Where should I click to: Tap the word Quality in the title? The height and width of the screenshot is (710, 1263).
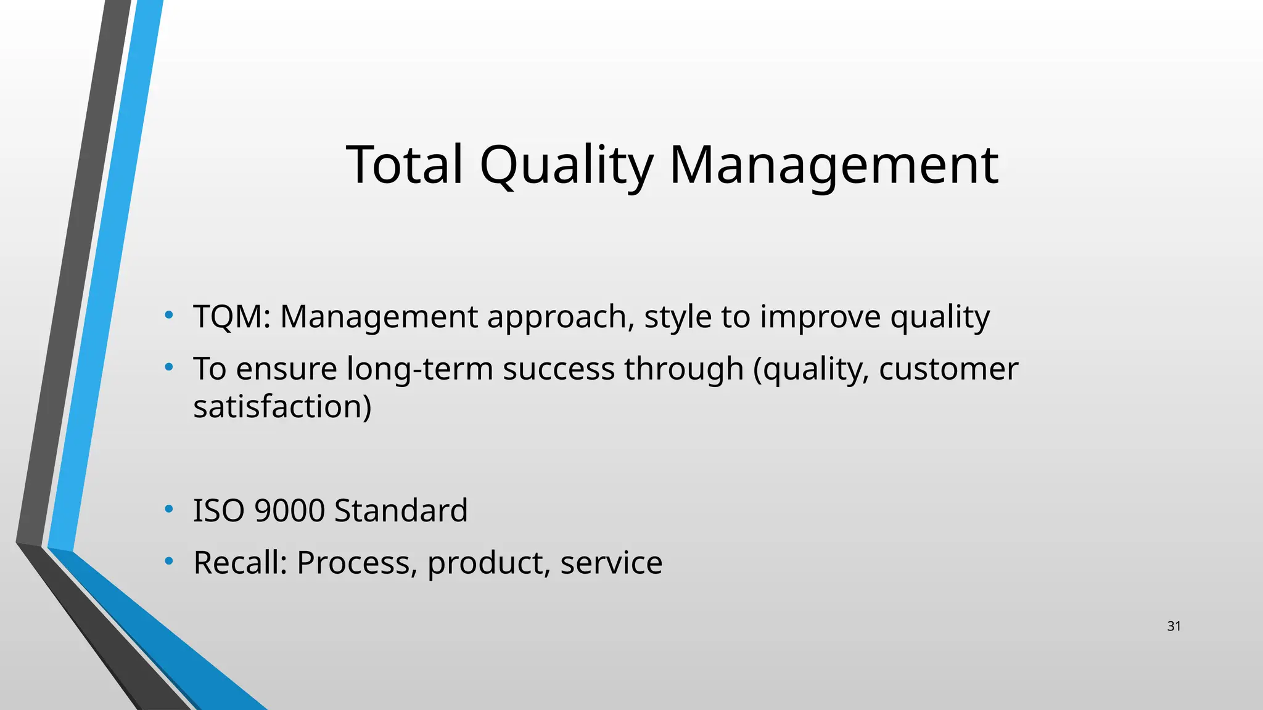pyautogui.click(x=566, y=165)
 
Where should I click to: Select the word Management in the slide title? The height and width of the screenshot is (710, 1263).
pyautogui.click(x=833, y=165)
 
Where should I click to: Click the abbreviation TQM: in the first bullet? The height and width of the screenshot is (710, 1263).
pyautogui.click(x=232, y=317)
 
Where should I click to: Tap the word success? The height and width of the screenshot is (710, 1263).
pyautogui.click(x=558, y=369)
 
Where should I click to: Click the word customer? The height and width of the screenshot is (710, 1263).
pyautogui.click(x=948, y=369)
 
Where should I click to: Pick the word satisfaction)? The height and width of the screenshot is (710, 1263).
pyautogui.click(x=282, y=407)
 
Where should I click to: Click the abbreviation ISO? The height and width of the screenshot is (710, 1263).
pyautogui.click(x=219, y=510)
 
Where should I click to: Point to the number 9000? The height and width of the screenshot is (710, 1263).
pyautogui.click(x=289, y=510)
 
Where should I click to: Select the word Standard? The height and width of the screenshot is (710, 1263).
pyautogui.click(x=401, y=510)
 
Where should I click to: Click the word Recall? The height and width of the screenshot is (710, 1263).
pyautogui.click(x=241, y=562)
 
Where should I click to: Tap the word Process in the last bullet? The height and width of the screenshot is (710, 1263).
pyautogui.click(x=356, y=563)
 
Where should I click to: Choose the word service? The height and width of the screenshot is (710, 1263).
pyautogui.click(x=611, y=562)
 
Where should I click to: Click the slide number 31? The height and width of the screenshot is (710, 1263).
pyautogui.click(x=1174, y=626)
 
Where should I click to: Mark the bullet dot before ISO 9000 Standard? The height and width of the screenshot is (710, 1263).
pyautogui.click(x=169, y=510)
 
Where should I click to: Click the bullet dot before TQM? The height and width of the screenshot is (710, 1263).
pyautogui.click(x=169, y=316)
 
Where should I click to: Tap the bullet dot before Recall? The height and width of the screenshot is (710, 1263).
pyautogui.click(x=169, y=561)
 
